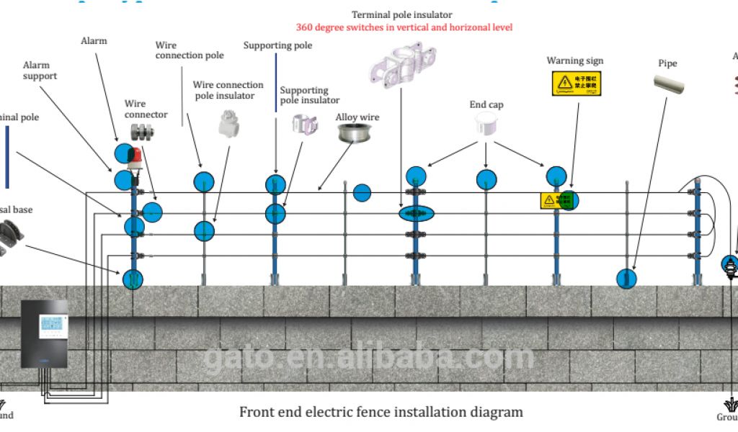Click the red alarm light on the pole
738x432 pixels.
point(133,156)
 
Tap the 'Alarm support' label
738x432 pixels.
point(40,71)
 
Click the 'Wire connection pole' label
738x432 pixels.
point(190,50)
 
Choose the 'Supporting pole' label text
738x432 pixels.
point(277,46)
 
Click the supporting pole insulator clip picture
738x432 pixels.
point(304,124)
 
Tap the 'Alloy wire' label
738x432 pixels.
point(357,117)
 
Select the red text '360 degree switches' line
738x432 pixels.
point(404,27)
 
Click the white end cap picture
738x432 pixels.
point(486,125)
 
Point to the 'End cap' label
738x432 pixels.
point(486,105)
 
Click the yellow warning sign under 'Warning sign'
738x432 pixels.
point(576,84)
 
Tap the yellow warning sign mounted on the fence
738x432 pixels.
point(551,201)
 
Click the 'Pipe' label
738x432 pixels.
point(667,63)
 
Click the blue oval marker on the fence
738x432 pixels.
point(414,213)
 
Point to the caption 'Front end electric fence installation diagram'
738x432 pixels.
point(381,413)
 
